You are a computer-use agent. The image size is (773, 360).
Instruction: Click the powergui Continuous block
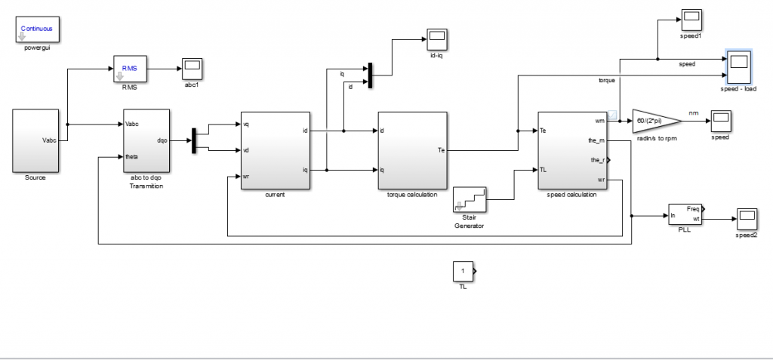point(37,30)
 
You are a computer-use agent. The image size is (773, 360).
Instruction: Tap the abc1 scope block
point(192,68)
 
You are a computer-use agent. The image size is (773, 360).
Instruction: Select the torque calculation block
point(412,151)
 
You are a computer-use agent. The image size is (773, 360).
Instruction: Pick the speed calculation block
point(572,151)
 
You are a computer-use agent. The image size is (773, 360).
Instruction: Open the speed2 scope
point(747,219)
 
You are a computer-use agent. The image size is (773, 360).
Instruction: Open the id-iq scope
point(436,38)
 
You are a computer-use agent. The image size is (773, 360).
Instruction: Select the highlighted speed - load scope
point(738,68)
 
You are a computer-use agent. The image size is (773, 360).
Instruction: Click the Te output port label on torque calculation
point(441,149)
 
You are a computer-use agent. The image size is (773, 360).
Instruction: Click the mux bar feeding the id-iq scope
point(371,74)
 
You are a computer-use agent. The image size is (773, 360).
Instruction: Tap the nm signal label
point(694,114)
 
